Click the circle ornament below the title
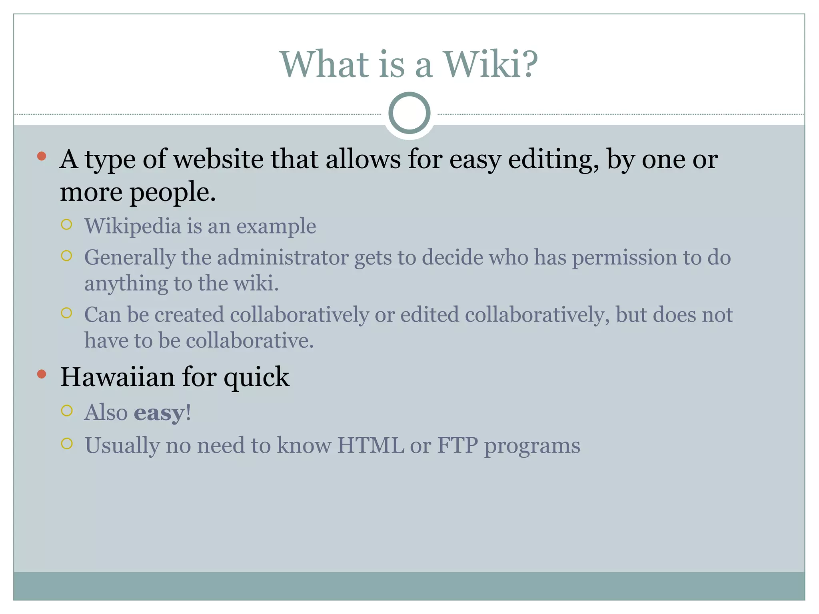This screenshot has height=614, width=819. tap(409, 113)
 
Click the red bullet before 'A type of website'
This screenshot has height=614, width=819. tap(41, 156)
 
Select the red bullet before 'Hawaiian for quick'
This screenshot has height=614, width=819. tap(41, 374)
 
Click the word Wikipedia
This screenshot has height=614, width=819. tap(133, 226)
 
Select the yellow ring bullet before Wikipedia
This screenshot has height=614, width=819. tap(67, 224)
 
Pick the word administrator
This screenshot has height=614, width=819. tap(283, 257)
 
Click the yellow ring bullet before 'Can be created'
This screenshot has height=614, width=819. tap(67, 313)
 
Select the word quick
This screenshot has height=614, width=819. tap(256, 378)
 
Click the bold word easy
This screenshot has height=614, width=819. tap(159, 413)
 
